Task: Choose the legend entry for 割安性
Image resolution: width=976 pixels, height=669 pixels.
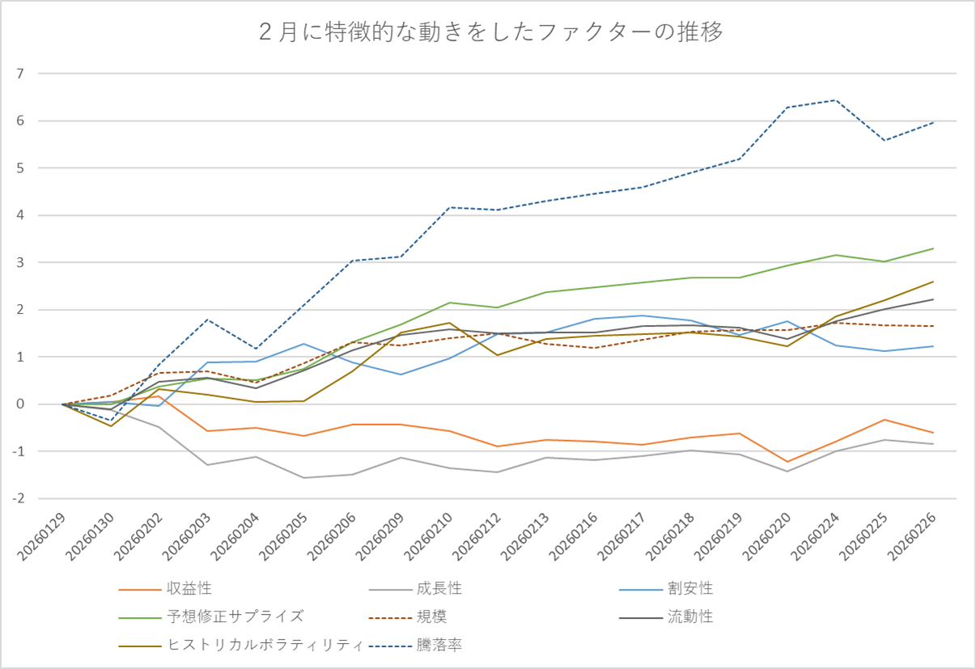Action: point(690,588)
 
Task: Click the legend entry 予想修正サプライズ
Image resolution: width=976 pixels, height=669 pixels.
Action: point(236,616)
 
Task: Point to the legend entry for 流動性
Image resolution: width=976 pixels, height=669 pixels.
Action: point(690,616)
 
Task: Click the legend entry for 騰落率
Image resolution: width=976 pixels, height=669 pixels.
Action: point(439,645)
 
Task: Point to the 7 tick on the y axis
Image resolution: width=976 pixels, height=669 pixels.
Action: point(21,74)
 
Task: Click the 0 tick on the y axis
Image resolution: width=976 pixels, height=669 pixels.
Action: point(21,404)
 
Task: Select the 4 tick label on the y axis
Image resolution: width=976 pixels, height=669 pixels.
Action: point(21,215)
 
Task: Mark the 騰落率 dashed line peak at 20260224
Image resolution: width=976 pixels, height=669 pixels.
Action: point(836,100)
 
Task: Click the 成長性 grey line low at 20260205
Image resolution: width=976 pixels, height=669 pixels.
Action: point(304,477)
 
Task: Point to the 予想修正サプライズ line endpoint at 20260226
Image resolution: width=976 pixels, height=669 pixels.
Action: point(933,248)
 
